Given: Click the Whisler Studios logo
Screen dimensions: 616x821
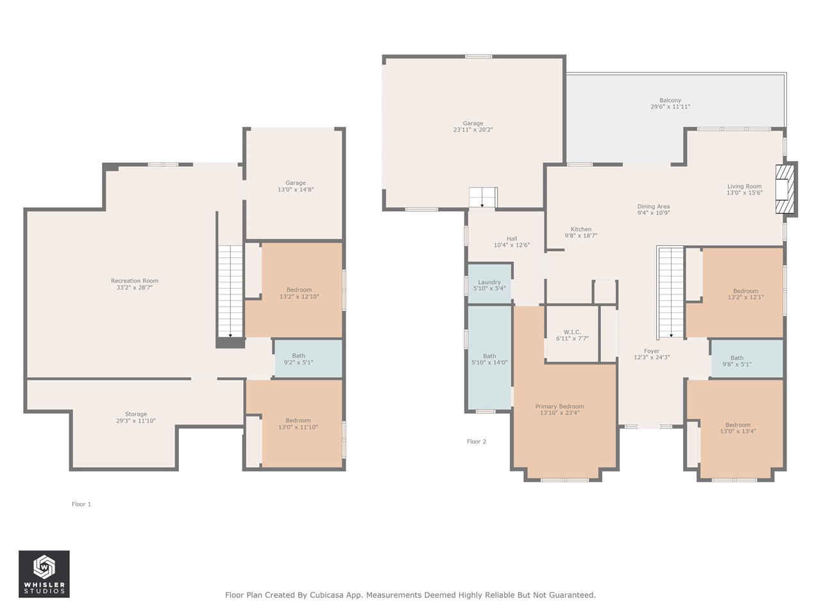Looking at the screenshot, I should click(44, 574).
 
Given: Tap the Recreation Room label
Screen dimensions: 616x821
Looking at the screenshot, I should click(134, 281).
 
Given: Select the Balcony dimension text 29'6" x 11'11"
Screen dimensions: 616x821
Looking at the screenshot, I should click(670, 107).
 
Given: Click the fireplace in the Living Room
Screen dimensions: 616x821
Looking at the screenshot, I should click(785, 189).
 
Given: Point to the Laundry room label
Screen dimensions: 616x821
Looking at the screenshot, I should click(489, 282).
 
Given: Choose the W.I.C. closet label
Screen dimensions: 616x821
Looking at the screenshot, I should click(572, 332).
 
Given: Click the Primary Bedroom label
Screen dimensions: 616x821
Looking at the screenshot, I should click(559, 407).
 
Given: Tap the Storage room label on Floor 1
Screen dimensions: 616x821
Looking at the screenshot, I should click(136, 415).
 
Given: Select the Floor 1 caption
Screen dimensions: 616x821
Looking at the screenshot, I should click(81, 504).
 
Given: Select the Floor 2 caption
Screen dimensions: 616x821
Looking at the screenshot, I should click(477, 441).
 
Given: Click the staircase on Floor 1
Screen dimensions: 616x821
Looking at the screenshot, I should click(230, 290).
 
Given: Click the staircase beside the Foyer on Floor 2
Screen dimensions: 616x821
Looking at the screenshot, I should click(671, 292).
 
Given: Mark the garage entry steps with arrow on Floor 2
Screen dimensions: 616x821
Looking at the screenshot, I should click(483, 197).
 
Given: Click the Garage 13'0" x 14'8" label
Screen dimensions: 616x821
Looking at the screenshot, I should click(296, 183).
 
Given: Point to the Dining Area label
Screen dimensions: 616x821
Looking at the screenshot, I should click(654, 207).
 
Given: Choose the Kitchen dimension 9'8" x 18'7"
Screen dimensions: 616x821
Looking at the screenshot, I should click(581, 236).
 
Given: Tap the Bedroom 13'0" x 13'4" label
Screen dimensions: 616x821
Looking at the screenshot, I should click(738, 425).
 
